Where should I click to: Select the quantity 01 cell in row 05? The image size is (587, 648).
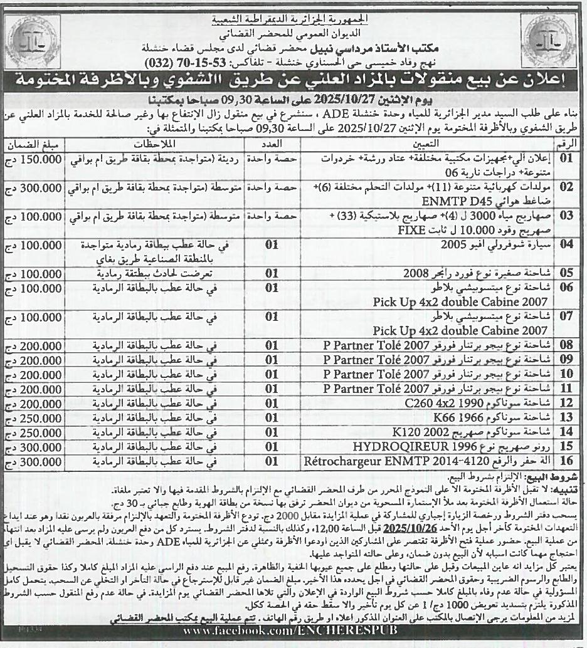coord(271,273)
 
